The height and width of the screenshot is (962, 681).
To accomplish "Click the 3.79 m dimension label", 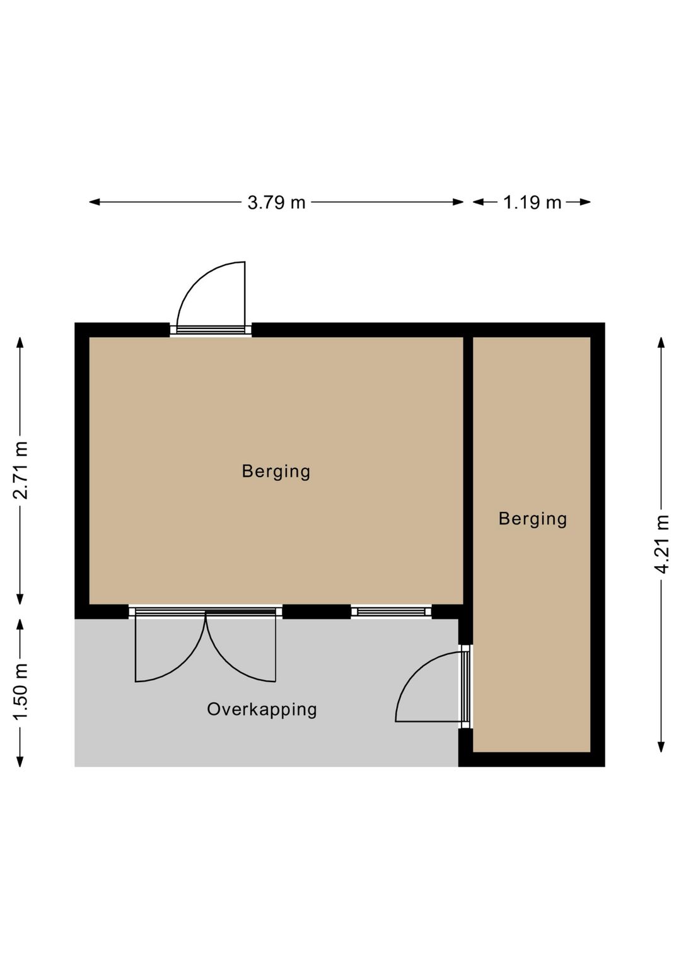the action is (276, 202).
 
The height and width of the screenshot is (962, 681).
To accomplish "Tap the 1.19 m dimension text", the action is (532, 202).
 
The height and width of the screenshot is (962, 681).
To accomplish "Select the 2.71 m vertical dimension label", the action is (21, 470).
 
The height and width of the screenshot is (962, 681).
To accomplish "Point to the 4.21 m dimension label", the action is (661, 543).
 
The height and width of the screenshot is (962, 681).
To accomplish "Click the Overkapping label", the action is (262, 709).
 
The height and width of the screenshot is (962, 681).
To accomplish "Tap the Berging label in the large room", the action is (276, 471).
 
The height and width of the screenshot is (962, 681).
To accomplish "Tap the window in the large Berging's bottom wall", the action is (391, 611).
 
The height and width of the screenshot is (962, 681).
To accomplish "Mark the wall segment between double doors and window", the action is (317, 611).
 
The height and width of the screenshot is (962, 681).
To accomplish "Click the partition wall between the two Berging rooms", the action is (468, 470).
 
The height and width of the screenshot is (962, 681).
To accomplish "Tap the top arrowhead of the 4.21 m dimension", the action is (661, 343).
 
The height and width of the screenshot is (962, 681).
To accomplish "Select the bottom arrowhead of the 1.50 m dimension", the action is (21, 760).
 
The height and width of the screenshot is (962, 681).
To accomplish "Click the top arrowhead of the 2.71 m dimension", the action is (21, 343).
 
